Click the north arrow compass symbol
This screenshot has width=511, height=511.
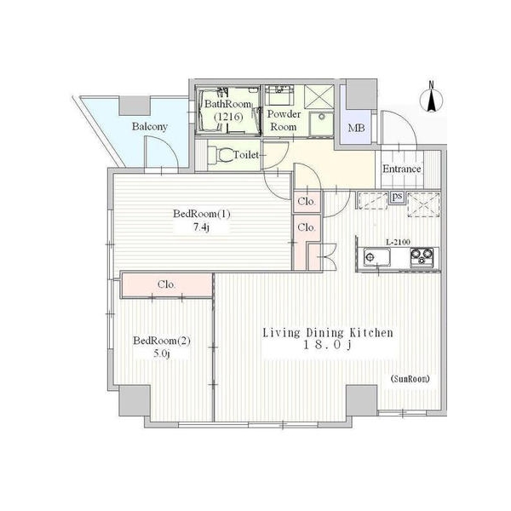[431, 98]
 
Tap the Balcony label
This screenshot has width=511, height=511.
[150, 126]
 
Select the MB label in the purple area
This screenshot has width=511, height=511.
[356, 128]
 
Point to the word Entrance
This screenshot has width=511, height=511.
[401, 169]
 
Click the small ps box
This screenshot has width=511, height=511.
[397, 197]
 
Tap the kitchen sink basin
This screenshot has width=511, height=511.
[376, 257]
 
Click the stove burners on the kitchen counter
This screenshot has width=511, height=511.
[422, 255]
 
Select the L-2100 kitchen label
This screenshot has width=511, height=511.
[398, 242]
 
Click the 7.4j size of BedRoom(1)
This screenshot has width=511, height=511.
[201, 227]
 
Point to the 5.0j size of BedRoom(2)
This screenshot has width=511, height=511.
[162, 353]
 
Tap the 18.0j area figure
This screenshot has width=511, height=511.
[327, 345]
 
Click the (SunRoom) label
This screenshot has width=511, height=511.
[410, 379]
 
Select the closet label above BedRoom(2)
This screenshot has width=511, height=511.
[166, 284]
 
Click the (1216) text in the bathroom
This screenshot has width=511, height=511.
[228, 117]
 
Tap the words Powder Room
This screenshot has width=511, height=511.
[284, 120]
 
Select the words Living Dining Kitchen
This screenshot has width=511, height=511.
[328, 333]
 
